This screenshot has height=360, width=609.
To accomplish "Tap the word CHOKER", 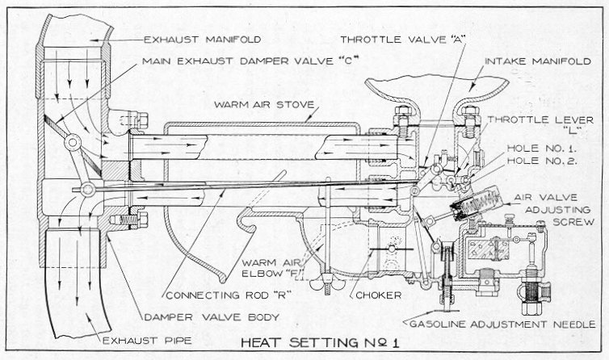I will click(378, 295).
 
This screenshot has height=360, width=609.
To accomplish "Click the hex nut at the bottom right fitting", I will click(531, 308).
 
